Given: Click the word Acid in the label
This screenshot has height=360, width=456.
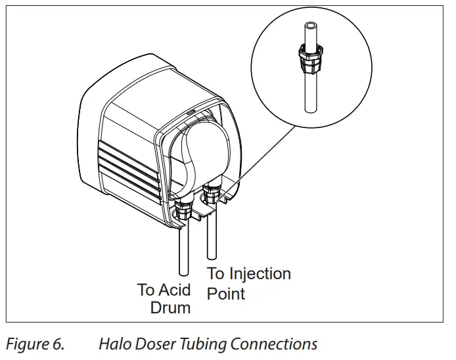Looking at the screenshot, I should tap(176, 290).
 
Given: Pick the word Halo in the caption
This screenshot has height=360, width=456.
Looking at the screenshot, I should tap(114, 344).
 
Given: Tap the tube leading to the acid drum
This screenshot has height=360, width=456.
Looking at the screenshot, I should tap(184, 250).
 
